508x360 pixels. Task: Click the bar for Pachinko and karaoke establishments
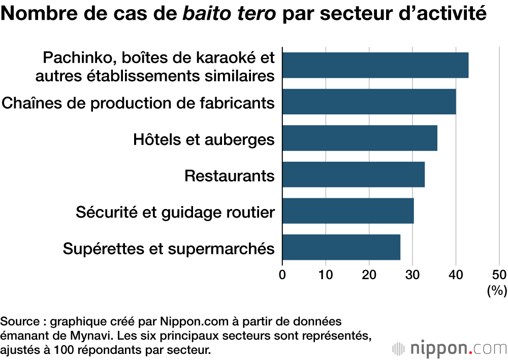pyautogui.click(x=375, y=65)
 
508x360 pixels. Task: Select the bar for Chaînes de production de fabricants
pyautogui.click(x=369, y=102)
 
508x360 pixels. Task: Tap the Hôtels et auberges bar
pyautogui.click(x=360, y=138)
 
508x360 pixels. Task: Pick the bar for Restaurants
pyautogui.click(x=353, y=174)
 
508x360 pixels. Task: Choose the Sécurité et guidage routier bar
pyautogui.click(x=348, y=211)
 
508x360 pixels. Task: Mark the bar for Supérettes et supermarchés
pyautogui.click(x=341, y=247)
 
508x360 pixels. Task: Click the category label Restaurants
pyautogui.click(x=230, y=176)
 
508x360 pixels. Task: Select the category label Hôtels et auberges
pyautogui.click(x=204, y=139)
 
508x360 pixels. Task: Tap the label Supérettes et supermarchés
pyautogui.click(x=169, y=249)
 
